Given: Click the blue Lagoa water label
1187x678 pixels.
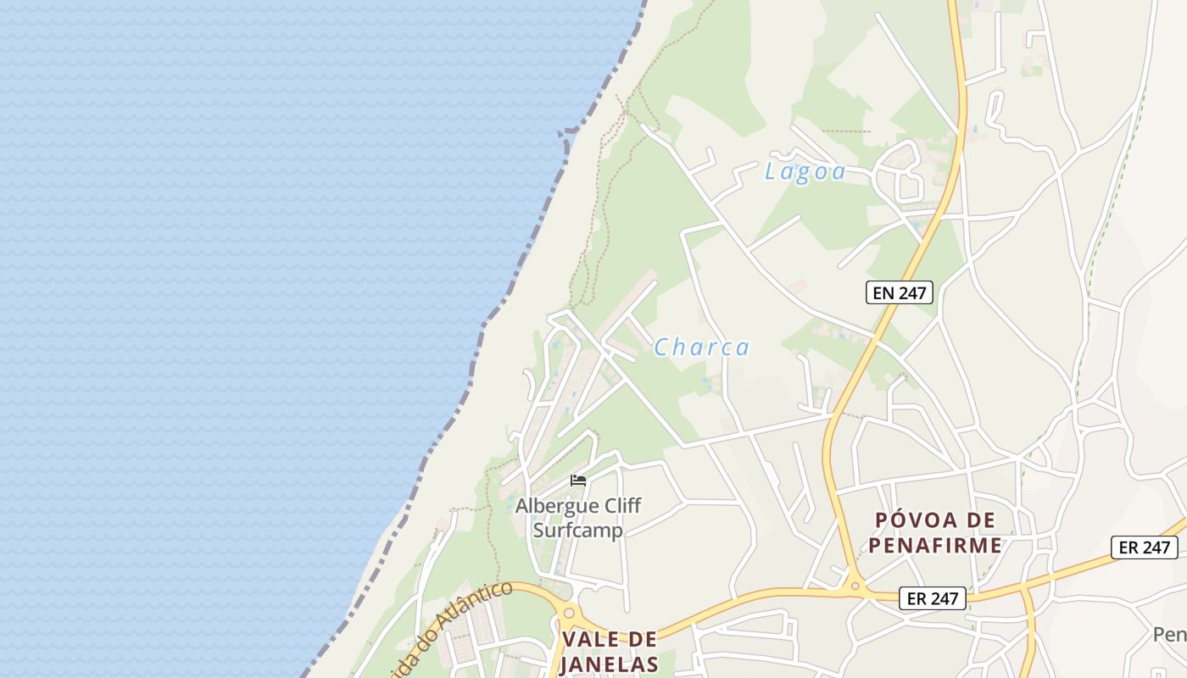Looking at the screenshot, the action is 805,172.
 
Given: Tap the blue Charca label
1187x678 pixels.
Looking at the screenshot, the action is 701,347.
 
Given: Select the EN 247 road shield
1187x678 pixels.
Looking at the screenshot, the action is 900,293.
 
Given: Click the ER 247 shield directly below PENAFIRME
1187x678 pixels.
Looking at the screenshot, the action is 933,598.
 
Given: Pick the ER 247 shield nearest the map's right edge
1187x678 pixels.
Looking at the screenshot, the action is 1145,547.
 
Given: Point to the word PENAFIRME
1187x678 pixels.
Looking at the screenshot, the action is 934,545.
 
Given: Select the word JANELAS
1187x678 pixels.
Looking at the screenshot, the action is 609,664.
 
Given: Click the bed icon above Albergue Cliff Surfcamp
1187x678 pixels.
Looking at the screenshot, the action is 578,481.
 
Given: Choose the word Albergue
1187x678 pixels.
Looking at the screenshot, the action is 555,506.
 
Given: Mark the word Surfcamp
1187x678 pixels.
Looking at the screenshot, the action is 577,531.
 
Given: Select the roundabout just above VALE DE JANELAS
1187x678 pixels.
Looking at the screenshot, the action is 569,613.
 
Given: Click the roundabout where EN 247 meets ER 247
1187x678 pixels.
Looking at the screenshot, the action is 855,586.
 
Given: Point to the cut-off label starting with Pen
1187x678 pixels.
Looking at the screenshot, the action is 1169,634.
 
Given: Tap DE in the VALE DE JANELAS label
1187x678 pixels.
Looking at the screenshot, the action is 644,639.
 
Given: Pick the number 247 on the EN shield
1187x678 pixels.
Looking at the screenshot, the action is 913,293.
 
